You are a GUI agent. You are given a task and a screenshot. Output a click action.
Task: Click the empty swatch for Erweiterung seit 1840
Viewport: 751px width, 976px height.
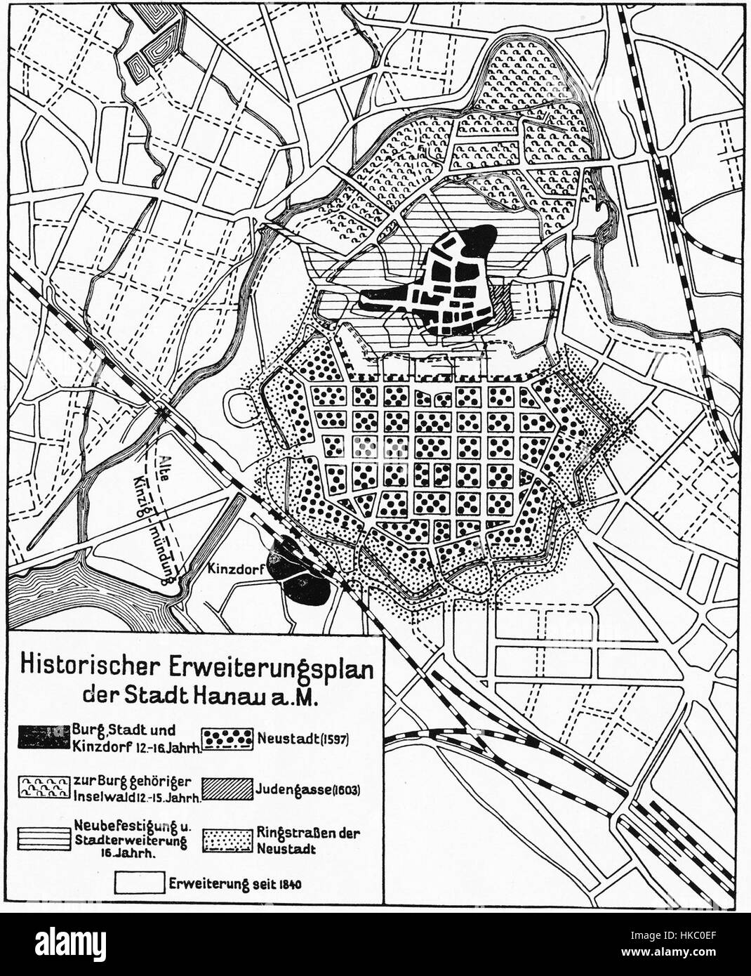click(x=138, y=883)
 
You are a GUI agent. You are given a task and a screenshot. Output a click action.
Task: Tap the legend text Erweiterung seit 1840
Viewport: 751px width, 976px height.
click(x=235, y=883)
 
